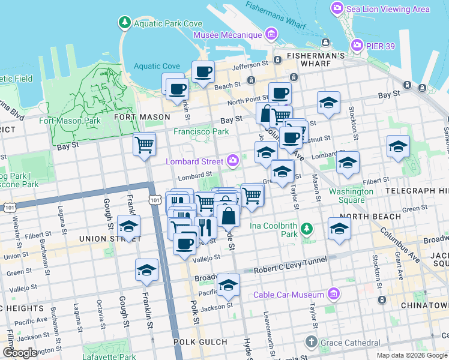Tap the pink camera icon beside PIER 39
(x=358, y=46)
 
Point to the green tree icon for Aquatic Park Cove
(x=124, y=23)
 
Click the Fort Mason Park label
(x=70, y=121)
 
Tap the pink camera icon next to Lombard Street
(x=233, y=160)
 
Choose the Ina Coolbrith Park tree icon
(x=307, y=228)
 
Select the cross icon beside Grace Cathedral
(x=310, y=342)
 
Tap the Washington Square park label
(x=351, y=196)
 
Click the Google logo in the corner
(x=20, y=353)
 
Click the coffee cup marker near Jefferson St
(x=203, y=73)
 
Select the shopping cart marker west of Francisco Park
(x=144, y=145)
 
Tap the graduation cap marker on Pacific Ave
(x=228, y=286)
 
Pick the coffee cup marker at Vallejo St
(x=185, y=243)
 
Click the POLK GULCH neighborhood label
(x=195, y=341)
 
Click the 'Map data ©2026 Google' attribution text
(x=412, y=355)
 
